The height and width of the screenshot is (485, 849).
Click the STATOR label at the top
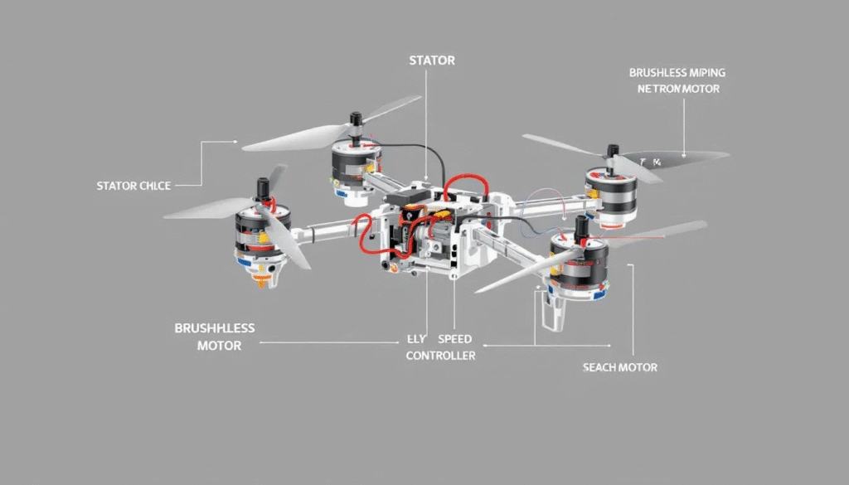click(431, 61)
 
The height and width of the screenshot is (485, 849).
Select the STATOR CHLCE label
click(133, 186)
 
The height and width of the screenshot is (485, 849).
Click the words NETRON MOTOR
click(678, 88)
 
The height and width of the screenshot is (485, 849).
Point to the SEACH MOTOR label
click(620, 367)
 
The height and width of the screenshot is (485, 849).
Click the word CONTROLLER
click(440, 355)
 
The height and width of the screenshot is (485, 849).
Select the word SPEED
click(454, 339)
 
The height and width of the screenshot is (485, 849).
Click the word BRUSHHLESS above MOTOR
click(215, 328)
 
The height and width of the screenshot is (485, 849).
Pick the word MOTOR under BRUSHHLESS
click(219, 345)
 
